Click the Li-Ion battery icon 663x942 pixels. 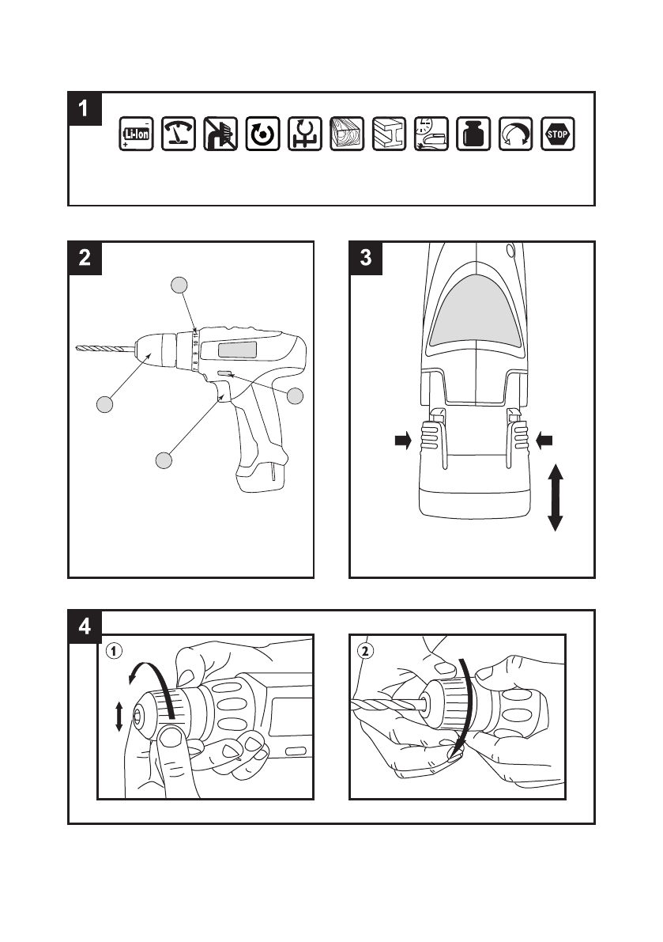(x=136, y=134)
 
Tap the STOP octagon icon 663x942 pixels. (x=558, y=134)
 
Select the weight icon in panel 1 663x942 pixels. (x=473, y=134)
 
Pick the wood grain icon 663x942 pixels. (x=347, y=134)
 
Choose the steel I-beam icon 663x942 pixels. (x=389, y=134)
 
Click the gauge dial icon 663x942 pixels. (x=179, y=134)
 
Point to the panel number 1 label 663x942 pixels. (x=85, y=108)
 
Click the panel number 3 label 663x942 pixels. (x=366, y=258)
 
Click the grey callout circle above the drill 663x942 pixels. (x=180, y=284)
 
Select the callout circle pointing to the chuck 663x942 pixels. (x=104, y=404)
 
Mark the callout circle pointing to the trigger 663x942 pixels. (x=163, y=460)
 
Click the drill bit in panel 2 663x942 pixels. (x=105, y=347)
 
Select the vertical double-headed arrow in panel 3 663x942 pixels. (x=555, y=497)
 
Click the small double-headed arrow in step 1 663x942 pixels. (x=119, y=717)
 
